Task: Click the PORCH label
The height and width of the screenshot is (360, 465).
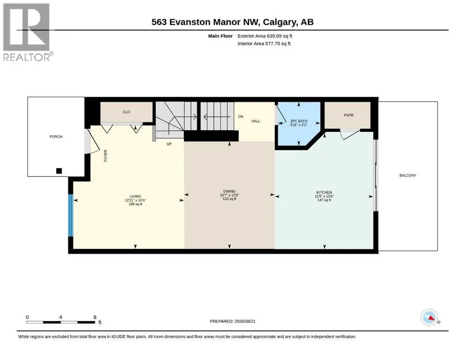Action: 56,136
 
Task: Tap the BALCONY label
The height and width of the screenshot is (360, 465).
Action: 408,175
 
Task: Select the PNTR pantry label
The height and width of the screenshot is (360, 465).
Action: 349,115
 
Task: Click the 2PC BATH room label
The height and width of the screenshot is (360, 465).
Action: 299,121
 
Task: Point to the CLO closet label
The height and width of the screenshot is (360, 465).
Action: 126,112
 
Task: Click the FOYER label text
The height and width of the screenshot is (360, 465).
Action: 105,156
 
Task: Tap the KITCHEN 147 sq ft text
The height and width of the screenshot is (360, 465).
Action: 324,200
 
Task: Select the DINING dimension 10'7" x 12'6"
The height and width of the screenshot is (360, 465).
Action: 229,195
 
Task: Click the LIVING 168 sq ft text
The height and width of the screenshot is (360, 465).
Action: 135,204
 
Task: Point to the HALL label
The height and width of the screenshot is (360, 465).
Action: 256,121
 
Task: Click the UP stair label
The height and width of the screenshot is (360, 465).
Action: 169,144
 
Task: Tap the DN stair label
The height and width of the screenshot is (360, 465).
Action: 241,117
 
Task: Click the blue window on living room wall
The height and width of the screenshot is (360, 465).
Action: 71,215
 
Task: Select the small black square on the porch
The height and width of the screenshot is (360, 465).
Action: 59,171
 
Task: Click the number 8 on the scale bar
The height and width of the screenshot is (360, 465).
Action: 95,317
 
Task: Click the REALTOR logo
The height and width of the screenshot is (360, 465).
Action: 27,32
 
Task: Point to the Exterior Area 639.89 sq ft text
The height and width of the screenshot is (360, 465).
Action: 265,36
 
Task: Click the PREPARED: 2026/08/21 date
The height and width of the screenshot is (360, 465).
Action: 232,321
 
